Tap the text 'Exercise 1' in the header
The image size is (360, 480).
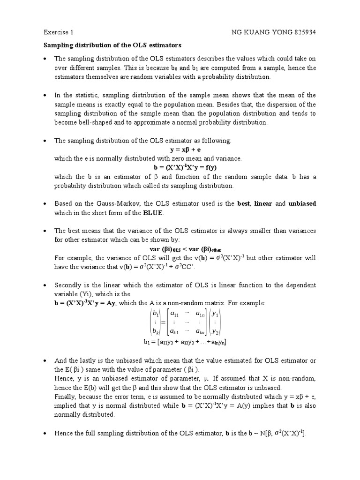pos(58,33)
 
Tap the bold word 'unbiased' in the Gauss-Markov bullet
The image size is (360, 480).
pos(302,203)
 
